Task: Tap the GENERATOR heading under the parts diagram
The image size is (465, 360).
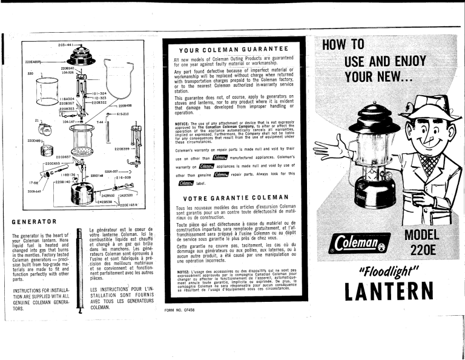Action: [x=35, y=222]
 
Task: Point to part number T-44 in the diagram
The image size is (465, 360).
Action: [x=100, y=122]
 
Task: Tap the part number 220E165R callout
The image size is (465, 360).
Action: [x=130, y=206]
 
